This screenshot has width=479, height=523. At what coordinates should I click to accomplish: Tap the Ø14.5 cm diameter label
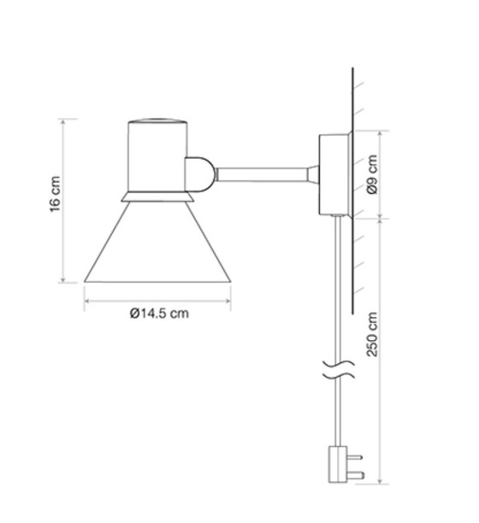(159, 314)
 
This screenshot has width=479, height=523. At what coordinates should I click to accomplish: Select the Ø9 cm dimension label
(370, 175)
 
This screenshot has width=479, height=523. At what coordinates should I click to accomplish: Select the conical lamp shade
(157, 244)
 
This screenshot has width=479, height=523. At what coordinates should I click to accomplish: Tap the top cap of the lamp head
(157, 120)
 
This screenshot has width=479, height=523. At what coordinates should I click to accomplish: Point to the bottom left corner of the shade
(86, 281)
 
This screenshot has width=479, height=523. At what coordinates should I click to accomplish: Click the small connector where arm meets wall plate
(314, 174)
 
